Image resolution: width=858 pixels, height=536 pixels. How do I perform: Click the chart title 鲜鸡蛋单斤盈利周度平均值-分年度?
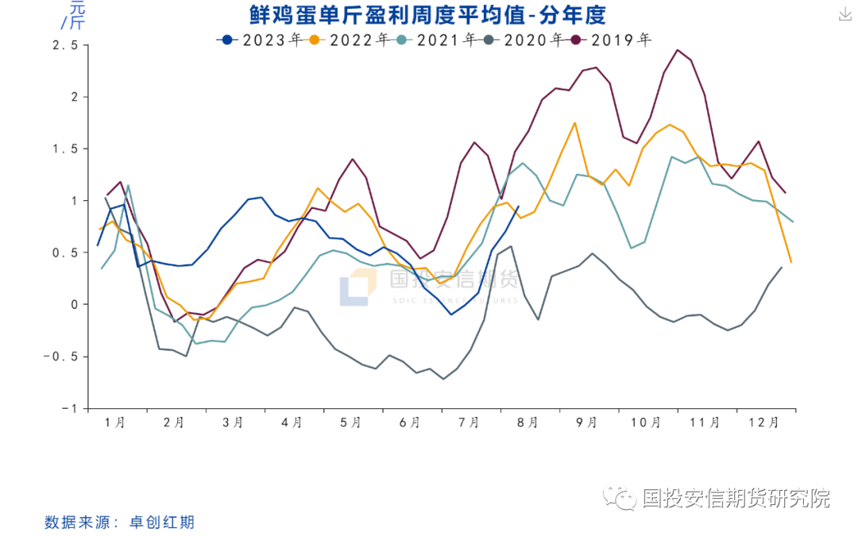coord(428,14)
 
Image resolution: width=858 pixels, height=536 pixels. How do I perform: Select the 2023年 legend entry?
coord(261,38)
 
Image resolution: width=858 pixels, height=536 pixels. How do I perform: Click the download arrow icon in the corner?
coord(844,14)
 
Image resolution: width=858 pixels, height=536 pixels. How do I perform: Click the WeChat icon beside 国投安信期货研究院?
coord(619,499)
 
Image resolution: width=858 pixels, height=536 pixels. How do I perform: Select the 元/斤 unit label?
coord(71,14)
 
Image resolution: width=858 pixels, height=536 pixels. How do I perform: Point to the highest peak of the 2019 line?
coord(678,49)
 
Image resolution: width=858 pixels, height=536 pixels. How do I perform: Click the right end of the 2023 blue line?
coord(519,206)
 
